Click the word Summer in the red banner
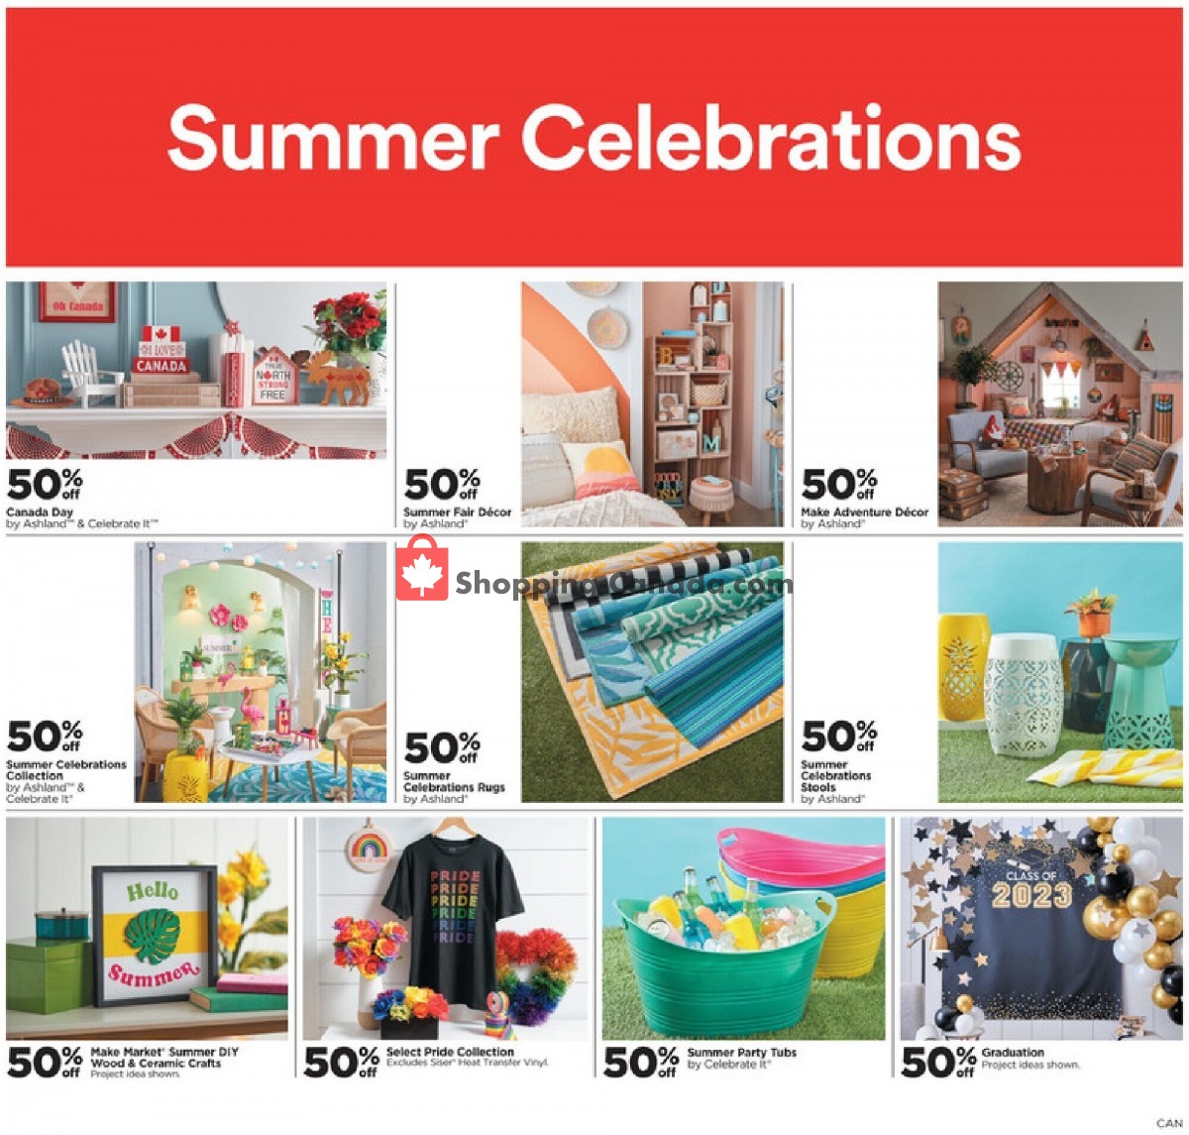(333, 140)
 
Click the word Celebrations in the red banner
(771, 138)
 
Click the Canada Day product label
(41, 512)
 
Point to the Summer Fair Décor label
(457, 512)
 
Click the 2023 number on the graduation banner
(1031, 896)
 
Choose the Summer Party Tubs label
(741, 1053)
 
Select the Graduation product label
(1013, 1053)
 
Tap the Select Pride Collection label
(450, 1052)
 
